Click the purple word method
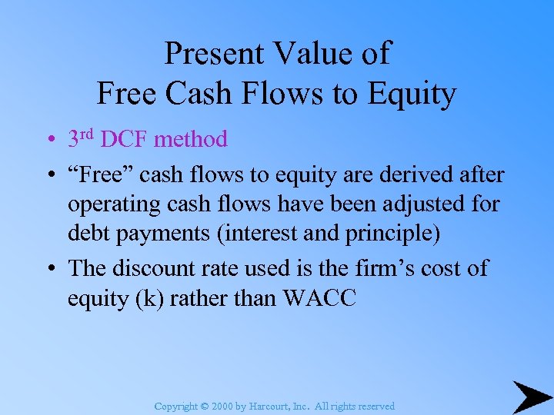click(x=190, y=139)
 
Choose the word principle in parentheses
click(x=389, y=234)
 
